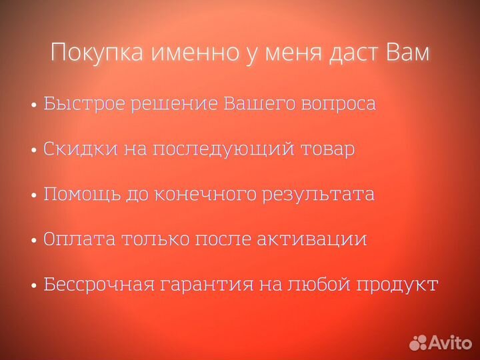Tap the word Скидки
tap(79, 149)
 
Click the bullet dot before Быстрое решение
tap(34, 106)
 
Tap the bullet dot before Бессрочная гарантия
tap(34, 286)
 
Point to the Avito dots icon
tap(419, 343)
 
